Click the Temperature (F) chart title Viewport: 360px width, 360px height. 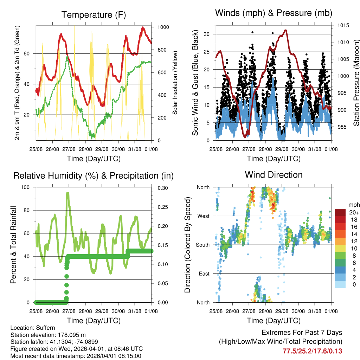[94, 15]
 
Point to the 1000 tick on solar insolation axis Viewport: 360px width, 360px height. [162, 27]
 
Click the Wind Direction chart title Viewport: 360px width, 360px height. [274, 174]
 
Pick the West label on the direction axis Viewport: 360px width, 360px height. [203, 216]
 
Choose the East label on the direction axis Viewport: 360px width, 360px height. [204, 274]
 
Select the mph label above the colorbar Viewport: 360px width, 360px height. [353, 205]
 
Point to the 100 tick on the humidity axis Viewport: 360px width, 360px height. [26, 187]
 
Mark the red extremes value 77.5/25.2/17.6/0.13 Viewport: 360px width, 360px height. [312, 351]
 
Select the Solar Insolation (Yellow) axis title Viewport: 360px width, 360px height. [175, 83]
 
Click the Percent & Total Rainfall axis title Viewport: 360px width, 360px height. [13, 245]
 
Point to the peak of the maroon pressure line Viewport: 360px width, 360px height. [285, 30]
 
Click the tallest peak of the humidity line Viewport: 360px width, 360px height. [67, 193]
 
